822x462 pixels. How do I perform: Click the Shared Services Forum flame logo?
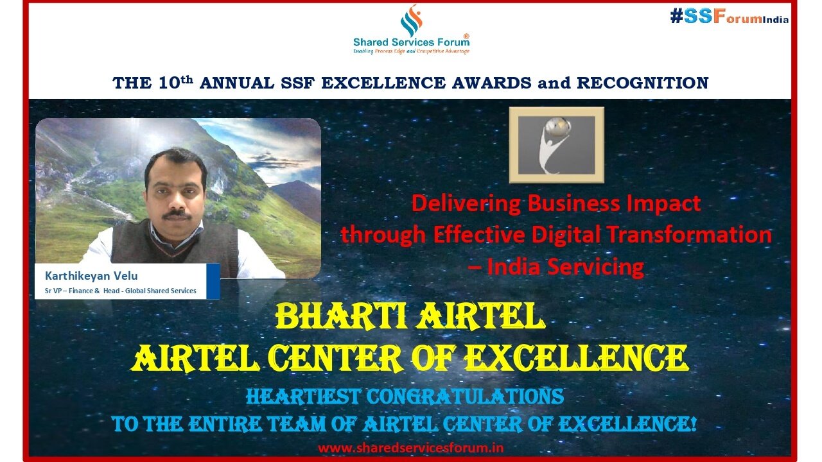point(411,21)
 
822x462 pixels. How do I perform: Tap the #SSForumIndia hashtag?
point(729,17)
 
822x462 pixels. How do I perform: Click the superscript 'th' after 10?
point(187,79)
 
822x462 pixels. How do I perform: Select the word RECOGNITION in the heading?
point(643,83)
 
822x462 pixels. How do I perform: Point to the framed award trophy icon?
point(556,145)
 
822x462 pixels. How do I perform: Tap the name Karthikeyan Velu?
point(91,276)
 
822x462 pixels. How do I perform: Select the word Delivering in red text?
point(466,204)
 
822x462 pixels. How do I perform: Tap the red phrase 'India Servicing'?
point(565,266)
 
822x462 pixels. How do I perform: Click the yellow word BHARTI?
point(341,317)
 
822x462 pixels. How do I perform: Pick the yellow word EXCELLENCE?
point(576,358)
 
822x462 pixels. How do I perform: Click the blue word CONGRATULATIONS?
point(465,397)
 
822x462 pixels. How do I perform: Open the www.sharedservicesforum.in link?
point(410,448)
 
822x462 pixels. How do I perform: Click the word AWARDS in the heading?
point(492,83)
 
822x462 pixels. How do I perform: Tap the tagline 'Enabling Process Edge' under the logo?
point(379,51)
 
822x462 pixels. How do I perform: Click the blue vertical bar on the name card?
point(213,281)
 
